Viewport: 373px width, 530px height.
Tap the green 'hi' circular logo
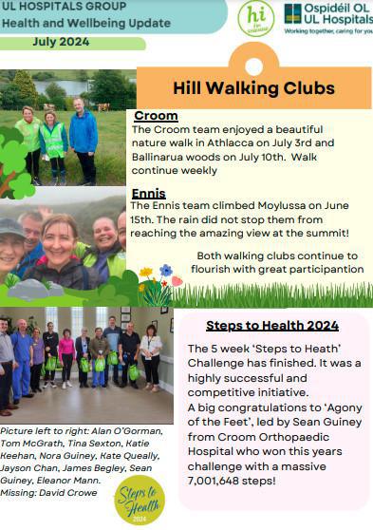[255, 18]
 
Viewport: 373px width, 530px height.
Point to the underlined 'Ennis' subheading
[148, 192]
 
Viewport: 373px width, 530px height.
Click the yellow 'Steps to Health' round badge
[140, 498]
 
